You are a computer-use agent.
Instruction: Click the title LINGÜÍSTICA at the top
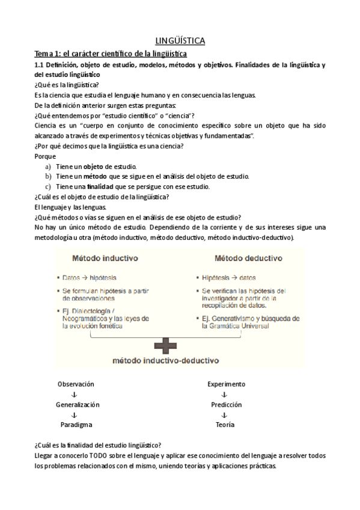(x=180, y=41)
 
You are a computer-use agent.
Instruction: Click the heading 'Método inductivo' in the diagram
(x=105, y=259)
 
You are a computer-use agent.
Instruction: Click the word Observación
(x=76, y=384)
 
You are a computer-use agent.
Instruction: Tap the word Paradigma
(x=76, y=425)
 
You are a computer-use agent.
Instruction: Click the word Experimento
(x=226, y=384)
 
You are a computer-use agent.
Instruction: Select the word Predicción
(x=226, y=405)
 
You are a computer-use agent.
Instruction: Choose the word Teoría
(x=225, y=425)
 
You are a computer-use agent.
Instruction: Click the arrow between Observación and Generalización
(x=74, y=395)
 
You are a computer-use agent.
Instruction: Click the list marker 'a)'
(x=48, y=166)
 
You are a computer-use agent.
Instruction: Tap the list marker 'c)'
(x=48, y=186)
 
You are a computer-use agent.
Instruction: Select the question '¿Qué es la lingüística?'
(x=67, y=85)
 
